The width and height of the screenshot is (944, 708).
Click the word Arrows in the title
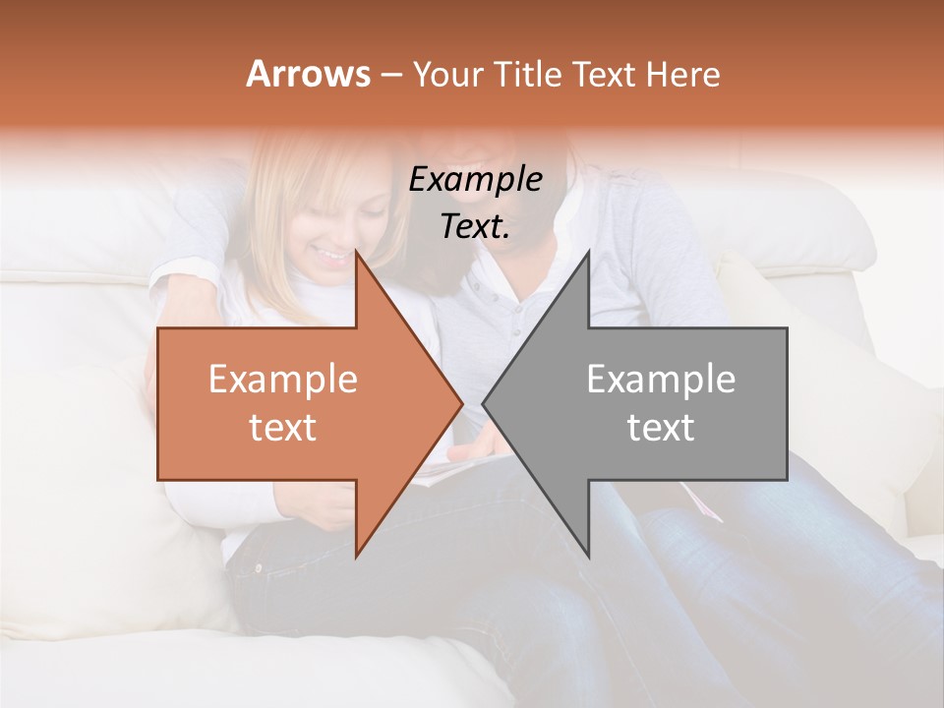click(x=308, y=74)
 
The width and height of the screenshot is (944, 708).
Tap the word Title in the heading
click(x=527, y=75)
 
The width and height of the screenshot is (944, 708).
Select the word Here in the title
click(x=681, y=75)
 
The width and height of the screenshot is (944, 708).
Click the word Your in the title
click(x=446, y=75)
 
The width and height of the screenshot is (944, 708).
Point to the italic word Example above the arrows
click(x=476, y=179)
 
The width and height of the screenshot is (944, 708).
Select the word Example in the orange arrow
click(x=283, y=380)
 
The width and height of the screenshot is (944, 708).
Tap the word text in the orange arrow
click(x=283, y=428)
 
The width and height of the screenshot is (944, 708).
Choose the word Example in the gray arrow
click(x=661, y=380)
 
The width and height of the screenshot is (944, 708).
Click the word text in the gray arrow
click(x=661, y=428)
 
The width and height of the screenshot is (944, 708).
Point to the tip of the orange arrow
click(x=462, y=404)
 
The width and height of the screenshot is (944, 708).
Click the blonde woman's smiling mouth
click(x=330, y=259)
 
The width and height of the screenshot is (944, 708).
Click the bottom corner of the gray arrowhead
click(x=588, y=557)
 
